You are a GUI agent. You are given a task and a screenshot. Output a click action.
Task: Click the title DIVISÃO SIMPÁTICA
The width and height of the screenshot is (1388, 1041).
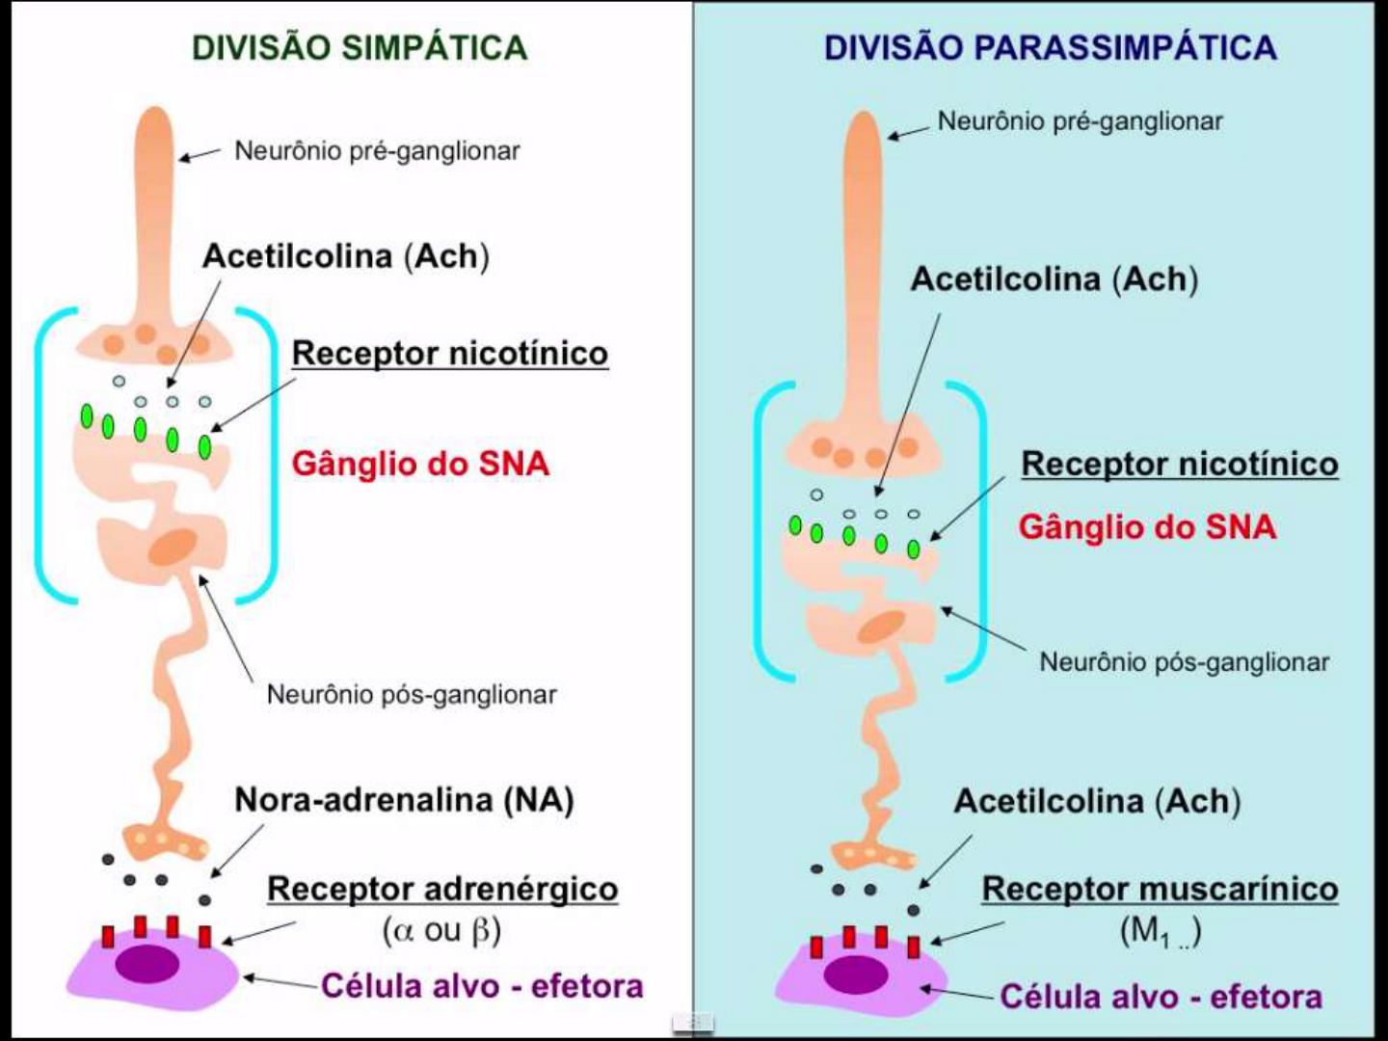(x=360, y=48)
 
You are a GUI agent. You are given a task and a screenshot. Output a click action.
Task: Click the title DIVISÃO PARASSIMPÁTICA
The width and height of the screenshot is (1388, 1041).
(x=1051, y=48)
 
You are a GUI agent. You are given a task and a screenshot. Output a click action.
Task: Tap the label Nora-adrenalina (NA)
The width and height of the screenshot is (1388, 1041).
(x=404, y=800)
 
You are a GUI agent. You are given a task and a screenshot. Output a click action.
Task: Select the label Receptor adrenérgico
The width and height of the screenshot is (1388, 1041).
(x=442, y=889)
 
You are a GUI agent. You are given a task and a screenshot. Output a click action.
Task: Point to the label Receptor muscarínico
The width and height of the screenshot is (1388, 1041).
(x=1160, y=889)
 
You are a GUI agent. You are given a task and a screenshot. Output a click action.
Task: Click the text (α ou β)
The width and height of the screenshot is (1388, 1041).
(x=441, y=931)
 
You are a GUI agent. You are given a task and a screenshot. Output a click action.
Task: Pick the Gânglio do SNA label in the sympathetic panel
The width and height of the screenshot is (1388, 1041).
(x=420, y=464)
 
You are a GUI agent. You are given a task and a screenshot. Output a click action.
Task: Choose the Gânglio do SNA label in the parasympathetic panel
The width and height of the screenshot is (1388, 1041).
(x=1147, y=527)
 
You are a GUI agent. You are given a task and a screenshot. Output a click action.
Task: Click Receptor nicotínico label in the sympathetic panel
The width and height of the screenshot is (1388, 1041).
(x=450, y=353)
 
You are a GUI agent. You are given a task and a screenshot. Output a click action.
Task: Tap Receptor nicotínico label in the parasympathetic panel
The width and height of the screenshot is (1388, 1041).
(x=1180, y=464)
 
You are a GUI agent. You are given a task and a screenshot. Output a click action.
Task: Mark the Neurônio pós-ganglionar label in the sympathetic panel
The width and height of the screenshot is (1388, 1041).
(x=412, y=695)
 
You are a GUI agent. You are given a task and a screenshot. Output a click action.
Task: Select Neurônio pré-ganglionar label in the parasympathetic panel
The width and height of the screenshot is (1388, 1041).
(x=1080, y=121)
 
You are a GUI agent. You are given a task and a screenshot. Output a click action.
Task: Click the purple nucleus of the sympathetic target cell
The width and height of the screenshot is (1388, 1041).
(x=147, y=963)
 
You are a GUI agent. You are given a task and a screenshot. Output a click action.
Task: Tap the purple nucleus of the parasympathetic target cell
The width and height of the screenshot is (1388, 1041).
(x=856, y=974)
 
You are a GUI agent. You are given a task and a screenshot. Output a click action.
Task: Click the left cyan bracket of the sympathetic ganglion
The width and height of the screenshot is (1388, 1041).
(x=40, y=453)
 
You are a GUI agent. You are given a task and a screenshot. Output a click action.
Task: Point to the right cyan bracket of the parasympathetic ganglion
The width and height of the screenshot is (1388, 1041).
(x=981, y=530)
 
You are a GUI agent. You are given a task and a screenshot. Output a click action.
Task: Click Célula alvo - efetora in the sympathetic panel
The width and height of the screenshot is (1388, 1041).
(x=482, y=986)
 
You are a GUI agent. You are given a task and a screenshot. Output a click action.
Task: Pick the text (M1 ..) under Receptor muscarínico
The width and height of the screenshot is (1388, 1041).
(x=1160, y=932)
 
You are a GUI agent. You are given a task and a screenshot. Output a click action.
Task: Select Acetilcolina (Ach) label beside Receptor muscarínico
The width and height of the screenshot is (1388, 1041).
(x=1097, y=801)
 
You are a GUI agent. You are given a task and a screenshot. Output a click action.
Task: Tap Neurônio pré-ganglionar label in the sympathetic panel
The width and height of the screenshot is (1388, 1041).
(x=377, y=151)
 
